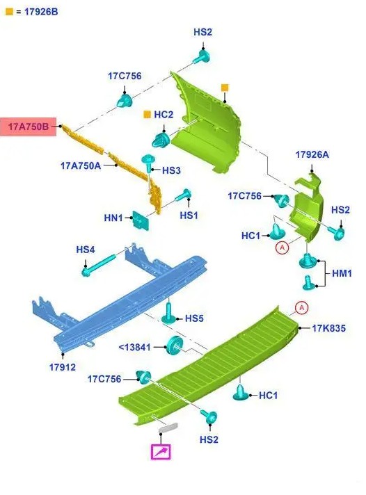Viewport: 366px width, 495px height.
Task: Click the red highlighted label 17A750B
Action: click(28, 127)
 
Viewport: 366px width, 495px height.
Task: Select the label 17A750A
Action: click(81, 165)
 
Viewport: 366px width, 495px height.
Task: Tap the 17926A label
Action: click(312, 154)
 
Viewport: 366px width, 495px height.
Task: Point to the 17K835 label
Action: click(328, 328)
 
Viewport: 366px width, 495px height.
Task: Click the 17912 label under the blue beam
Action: click(63, 367)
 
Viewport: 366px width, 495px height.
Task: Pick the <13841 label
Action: click(135, 347)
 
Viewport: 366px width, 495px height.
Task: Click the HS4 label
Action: click(86, 250)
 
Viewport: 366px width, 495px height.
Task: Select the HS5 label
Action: click(194, 318)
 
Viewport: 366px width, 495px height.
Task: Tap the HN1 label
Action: click(113, 218)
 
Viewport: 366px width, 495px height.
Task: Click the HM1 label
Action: click(342, 273)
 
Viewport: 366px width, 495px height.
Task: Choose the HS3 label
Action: click(171, 170)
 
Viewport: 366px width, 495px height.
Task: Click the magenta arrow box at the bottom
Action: click(161, 452)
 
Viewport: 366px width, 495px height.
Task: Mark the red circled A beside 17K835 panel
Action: click(301, 307)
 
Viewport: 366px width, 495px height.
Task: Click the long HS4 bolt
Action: click(98, 266)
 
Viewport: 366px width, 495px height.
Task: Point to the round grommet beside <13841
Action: click(175, 346)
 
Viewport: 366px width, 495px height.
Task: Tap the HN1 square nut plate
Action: click(141, 220)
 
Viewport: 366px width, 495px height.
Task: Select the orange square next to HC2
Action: click(148, 114)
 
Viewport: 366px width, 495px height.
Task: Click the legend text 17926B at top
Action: click(41, 12)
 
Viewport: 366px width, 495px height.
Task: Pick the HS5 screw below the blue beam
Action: click(169, 313)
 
